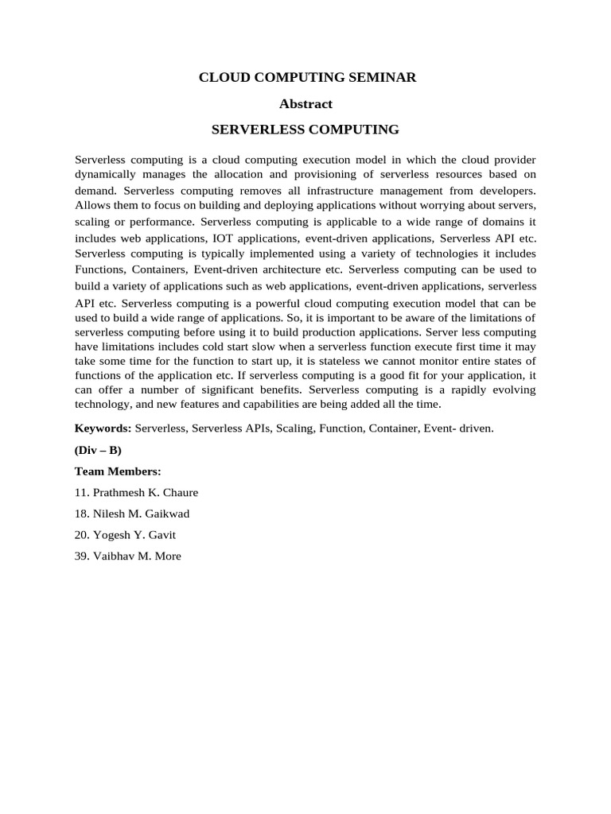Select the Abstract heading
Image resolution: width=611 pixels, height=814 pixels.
pyautogui.click(x=306, y=103)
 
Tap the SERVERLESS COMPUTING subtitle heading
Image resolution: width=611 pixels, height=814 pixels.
pyautogui.click(x=305, y=129)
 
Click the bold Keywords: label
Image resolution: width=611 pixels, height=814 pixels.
pyautogui.click(x=103, y=428)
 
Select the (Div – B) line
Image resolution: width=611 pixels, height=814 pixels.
pyautogui.click(x=98, y=449)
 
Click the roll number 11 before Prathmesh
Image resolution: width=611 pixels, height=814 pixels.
pyautogui.click(x=81, y=492)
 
